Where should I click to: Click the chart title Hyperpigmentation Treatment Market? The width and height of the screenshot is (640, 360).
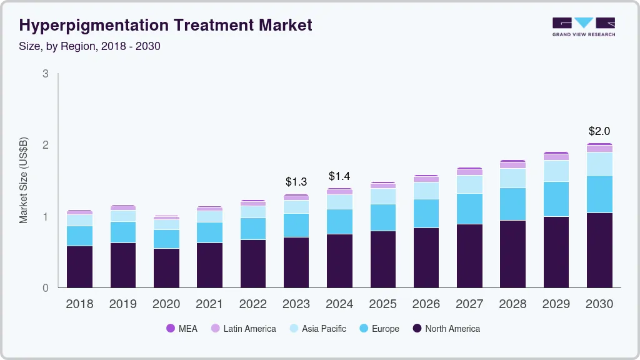(166, 25)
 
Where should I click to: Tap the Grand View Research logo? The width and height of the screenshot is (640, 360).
(583, 27)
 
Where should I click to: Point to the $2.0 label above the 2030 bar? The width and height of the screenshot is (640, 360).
(599, 131)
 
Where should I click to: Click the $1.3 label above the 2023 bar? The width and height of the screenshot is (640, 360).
(296, 182)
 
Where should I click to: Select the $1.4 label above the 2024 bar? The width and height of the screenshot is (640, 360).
(339, 176)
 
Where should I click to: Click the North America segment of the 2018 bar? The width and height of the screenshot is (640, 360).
(79, 267)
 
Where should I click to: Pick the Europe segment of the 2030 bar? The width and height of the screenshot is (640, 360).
(599, 194)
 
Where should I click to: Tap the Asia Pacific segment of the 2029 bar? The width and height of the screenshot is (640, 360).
(556, 171)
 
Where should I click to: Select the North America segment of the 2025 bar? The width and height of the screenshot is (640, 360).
(382, 259)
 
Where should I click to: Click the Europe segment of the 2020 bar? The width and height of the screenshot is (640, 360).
(166, 239)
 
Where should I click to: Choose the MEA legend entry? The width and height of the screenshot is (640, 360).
(182, 328)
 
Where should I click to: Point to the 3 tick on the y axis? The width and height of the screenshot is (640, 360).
(46, 74)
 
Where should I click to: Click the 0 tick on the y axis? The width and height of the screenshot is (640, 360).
(46, 288)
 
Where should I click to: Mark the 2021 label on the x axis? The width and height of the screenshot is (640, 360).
(209, 304)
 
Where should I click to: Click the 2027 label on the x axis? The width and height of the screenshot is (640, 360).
(469, 304)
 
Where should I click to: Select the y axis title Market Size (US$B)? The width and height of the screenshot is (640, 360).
(24, 181)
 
